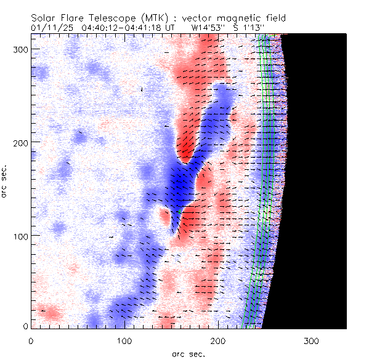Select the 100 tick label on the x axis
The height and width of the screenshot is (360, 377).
click(124, 340)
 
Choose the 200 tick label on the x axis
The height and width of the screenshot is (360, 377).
click(218, 340)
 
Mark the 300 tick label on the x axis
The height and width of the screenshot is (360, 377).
click(312, 340)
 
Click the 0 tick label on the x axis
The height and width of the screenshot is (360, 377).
click(31, 340)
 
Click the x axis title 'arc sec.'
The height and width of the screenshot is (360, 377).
click(188, 354)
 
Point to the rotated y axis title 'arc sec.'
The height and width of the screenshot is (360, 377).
click(6, 181)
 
